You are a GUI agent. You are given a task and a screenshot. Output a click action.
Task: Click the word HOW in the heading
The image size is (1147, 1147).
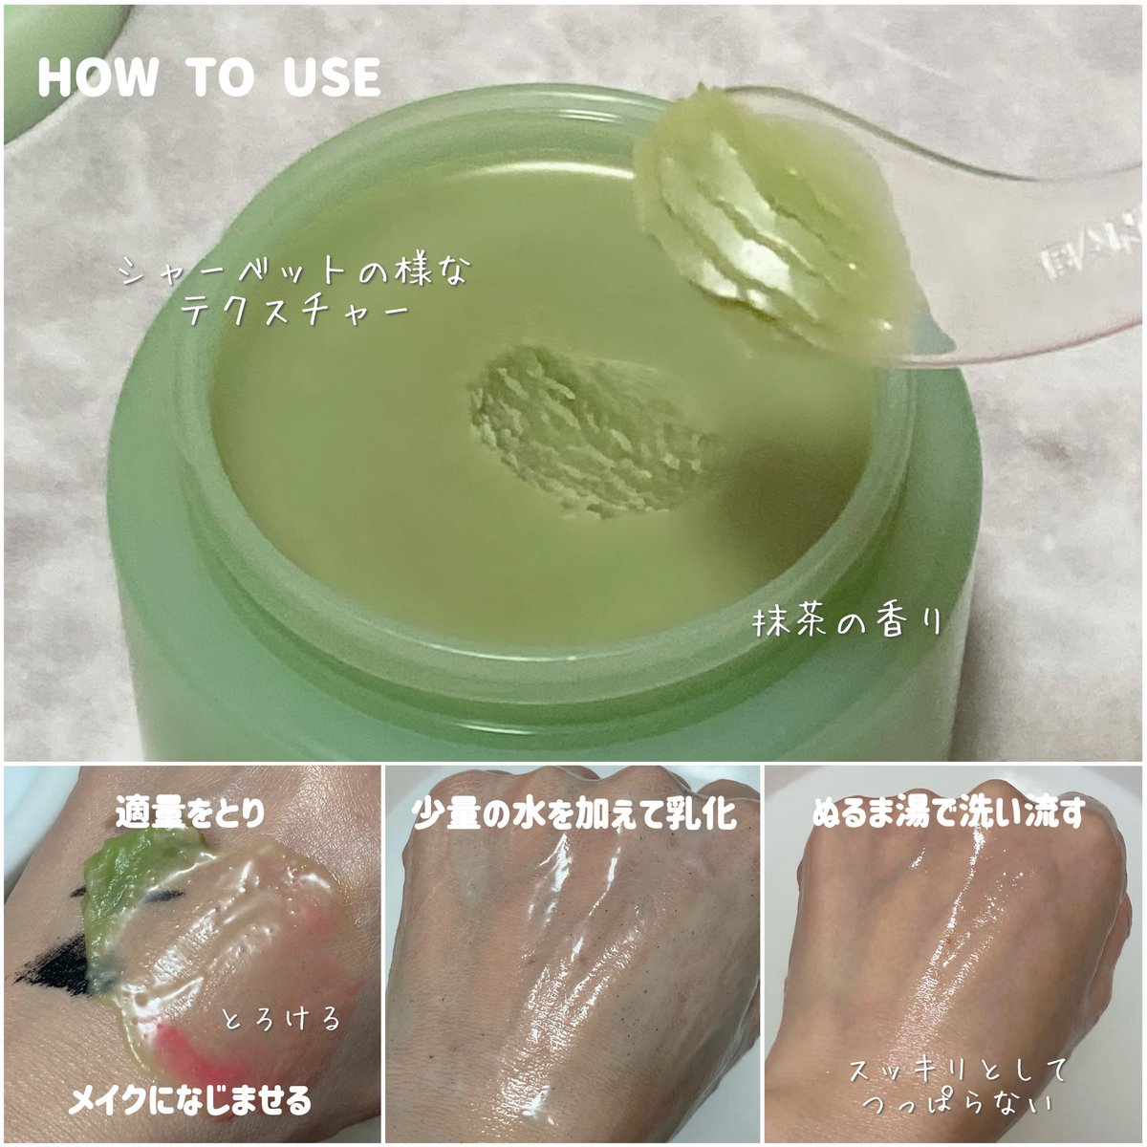pos(98,77)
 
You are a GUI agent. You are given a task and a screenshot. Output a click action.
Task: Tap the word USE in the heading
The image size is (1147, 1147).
pos(332,77)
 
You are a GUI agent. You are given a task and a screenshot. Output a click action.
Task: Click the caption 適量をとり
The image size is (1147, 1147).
pos(190,813)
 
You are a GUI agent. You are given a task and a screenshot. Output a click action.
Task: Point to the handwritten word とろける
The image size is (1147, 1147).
pos(281,1018)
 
